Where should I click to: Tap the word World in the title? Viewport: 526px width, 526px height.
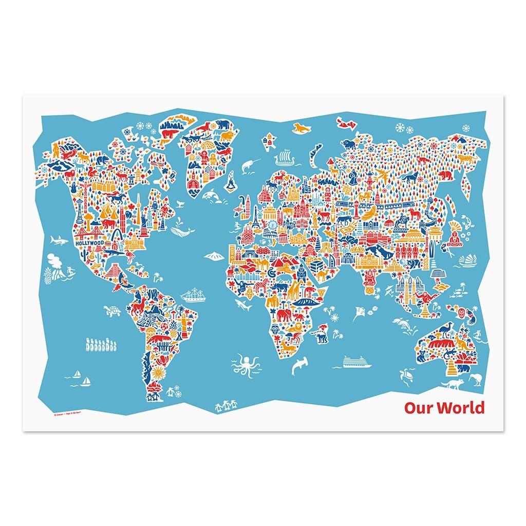[x=459, y=408]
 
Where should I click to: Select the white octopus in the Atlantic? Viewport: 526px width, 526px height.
[x=246, y=363]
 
